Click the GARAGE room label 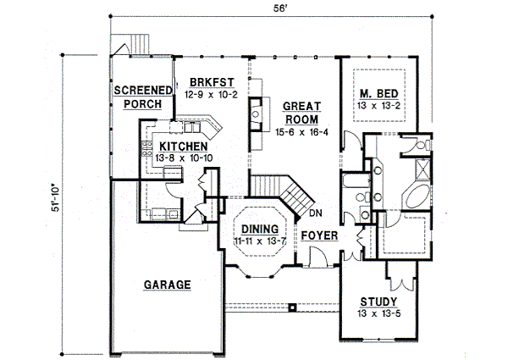click(167, 285)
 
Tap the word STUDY click(378, 302)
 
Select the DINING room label click(260, 229)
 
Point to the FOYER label click(319, 235)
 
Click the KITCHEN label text click(184, 147)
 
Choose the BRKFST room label click(212, 82)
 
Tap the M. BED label click(379, 94)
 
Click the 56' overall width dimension click(280, 8)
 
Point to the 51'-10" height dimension click(56, 198)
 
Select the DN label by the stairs click(316, 213)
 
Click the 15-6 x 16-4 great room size click(301, 132)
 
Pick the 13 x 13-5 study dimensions click(379, 313)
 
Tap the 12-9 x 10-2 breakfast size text click(211, 95)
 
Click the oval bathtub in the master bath click(417, 196)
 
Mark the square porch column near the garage click(293, 307)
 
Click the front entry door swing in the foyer click(319, 256)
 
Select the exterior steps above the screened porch click(140, 44)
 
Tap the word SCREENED click(143, 90)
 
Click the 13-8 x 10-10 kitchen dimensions click(184, 158)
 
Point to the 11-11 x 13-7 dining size click(260, 241)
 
